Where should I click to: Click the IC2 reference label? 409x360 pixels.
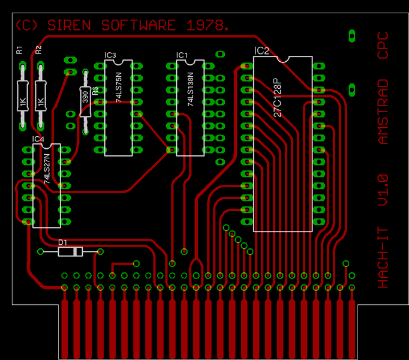[261, 50]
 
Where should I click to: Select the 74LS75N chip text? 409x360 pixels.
[119, 87]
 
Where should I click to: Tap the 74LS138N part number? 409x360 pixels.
[191, 89]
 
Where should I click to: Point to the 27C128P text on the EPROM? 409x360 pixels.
[278, 97]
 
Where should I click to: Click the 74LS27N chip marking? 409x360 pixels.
[47, 169]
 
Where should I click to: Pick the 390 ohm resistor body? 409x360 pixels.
[85, 101]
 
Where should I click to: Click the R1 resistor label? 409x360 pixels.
[19, 50]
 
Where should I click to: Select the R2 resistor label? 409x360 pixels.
[38, 50]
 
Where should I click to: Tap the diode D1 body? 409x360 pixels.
[70, 251]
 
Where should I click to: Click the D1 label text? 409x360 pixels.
[62, 242]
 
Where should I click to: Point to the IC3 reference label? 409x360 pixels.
[110, 55]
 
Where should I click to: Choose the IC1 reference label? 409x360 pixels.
[182, 55]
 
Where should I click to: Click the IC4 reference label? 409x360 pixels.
[38, 139]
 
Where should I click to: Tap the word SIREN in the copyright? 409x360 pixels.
[69, 25]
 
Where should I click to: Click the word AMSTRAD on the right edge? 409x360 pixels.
[383, 112]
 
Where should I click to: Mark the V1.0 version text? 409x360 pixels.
[383, 190]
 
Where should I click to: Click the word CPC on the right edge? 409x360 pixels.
[383, 45]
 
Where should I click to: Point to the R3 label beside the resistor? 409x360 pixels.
[95, 91]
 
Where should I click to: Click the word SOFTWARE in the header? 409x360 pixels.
[139, 25]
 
